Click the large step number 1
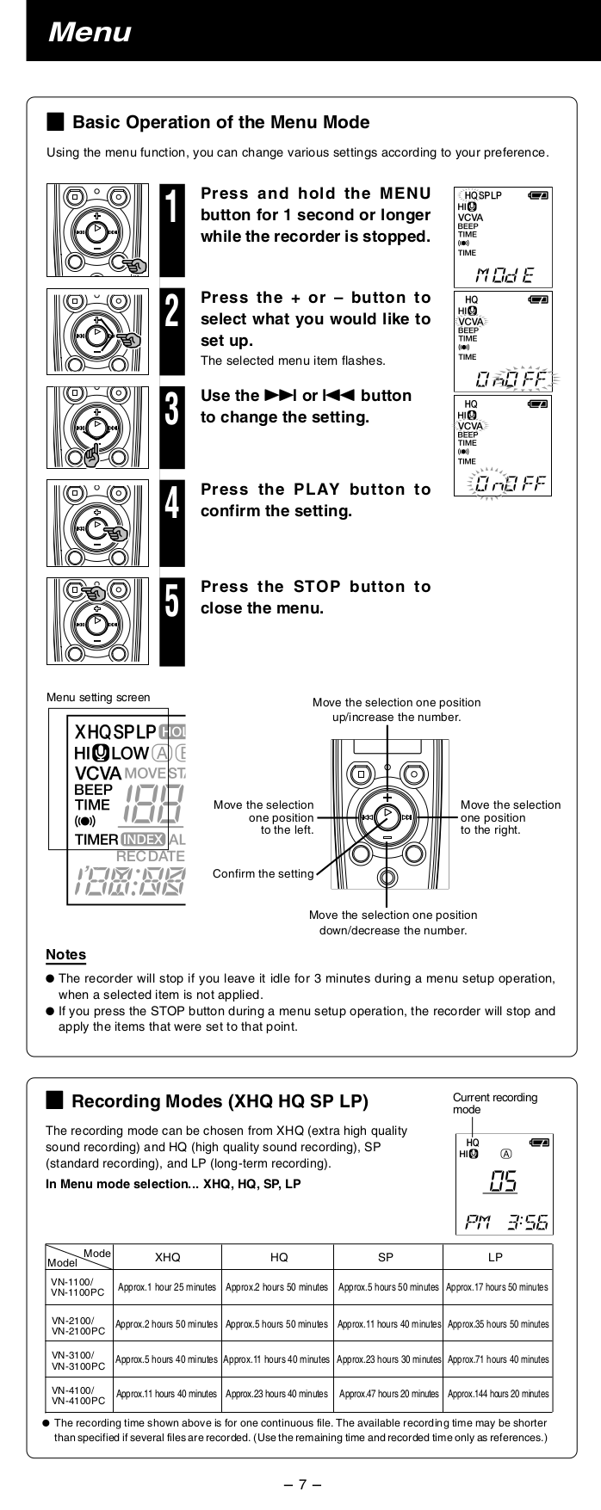coord(171,211)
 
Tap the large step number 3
coord(171,409)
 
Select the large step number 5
coord(171,601)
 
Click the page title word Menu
coord(90,33)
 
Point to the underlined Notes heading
coord(65,954)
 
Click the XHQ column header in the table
coord(167,1257)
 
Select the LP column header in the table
coord(495,1257)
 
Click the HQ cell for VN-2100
coord(277,1324)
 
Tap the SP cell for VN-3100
coord(388,1359)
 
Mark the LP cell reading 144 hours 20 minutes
coord(498,1394)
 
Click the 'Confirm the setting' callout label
coord(263,874)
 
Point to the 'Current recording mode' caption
coord(494,1103)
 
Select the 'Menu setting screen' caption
coord(97,698)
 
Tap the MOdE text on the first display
coord(504,275)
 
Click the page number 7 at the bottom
coord(302,1483)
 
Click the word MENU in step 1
coord(400,193)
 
